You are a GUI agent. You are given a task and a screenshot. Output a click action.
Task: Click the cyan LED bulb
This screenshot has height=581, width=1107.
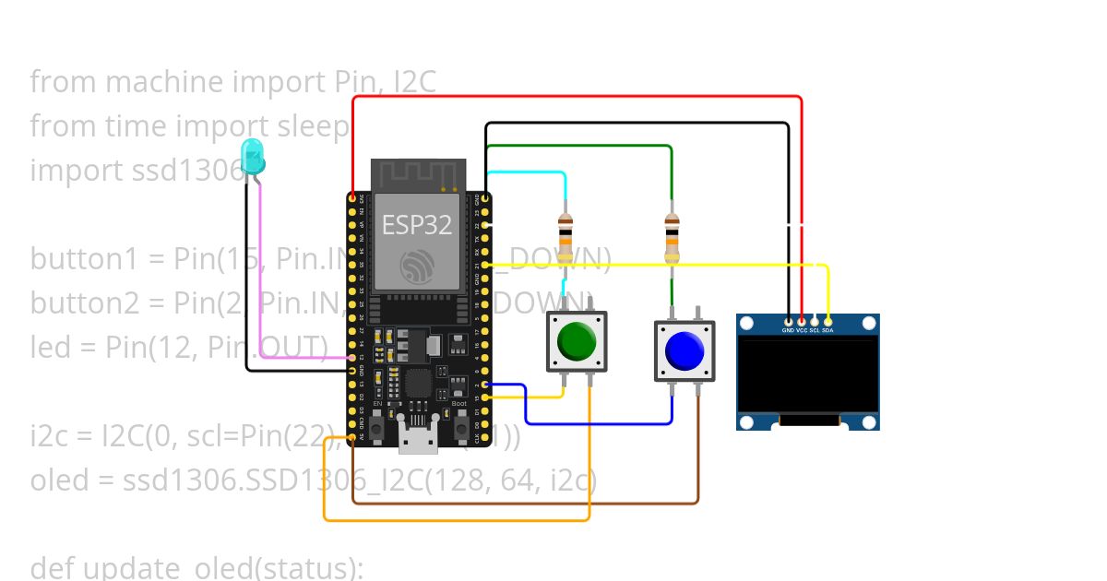(x=252, y=157)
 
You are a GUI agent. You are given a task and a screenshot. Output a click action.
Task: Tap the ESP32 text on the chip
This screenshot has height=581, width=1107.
(x=417, y=224)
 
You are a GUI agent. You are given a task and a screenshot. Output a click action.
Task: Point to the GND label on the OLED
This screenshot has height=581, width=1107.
(x=789, y=329)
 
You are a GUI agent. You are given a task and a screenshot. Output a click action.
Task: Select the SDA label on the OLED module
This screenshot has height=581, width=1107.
(x=827, y=329)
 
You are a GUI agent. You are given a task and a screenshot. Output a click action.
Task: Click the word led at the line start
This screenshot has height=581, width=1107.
(x=49, y=347)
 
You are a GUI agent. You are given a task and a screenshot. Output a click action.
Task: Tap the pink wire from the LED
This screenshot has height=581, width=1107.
(x=262, y=277)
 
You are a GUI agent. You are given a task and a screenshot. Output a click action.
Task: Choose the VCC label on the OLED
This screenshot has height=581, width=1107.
(x=802, y=329)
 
